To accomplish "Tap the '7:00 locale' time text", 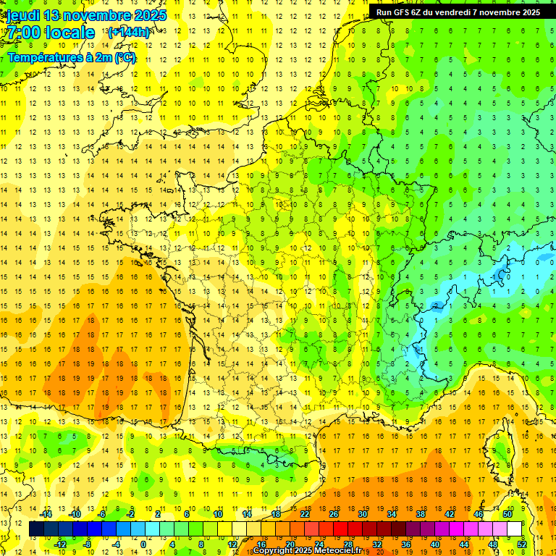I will pos(51,33).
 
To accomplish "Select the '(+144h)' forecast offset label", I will pos(128,32).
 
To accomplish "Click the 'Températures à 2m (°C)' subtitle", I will pos(71,57).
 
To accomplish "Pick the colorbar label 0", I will pos(143,544).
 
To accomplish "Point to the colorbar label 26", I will pos(334,514).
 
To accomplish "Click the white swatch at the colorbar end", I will pos(515,529).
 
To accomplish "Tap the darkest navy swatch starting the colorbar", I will pos(37,529).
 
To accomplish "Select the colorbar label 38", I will pos(421,514).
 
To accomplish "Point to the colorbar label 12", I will pos(232,544).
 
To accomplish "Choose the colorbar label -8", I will pos(88,544).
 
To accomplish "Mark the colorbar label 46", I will pos(479,514).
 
